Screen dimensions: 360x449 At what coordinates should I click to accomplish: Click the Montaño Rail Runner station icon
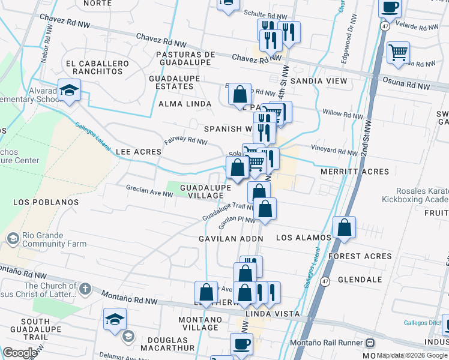370,343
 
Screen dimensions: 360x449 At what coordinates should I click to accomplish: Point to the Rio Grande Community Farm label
53,240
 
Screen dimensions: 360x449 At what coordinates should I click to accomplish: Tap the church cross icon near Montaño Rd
85,289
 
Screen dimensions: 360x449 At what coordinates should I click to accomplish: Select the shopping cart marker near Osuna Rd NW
398,53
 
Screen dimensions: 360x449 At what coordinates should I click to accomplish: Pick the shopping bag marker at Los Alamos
344,228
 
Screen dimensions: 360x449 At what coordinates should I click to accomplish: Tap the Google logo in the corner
20,353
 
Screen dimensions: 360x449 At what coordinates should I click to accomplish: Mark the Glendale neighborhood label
360,280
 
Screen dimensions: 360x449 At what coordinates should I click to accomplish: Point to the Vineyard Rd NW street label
334,148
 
